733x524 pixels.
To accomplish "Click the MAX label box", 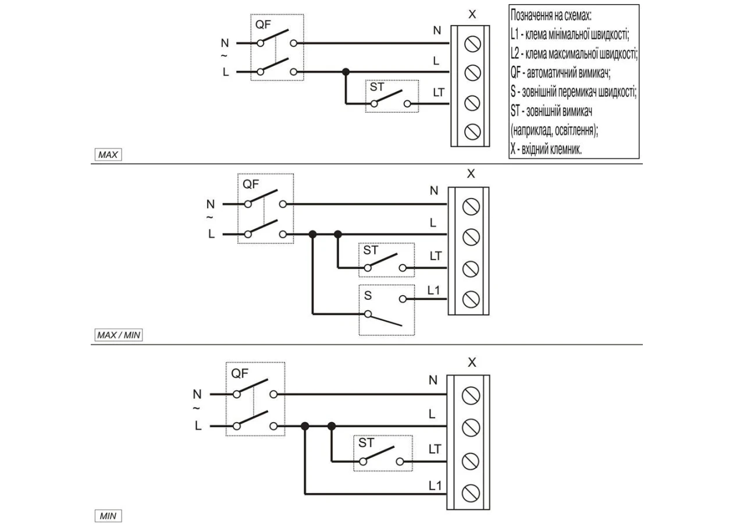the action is coord(108,155).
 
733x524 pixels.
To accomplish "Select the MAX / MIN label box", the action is coord(119,335).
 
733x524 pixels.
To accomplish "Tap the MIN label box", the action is coord(108,516).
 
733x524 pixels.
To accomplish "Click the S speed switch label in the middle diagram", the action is coord(368,295).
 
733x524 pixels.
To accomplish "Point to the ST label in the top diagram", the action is coord(376,87).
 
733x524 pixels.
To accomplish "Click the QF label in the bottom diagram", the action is coord(240,373).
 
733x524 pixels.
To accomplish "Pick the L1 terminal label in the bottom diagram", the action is coord(435,486).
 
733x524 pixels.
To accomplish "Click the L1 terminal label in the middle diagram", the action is coord(433,290).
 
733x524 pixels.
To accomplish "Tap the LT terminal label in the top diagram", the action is coord(439,93).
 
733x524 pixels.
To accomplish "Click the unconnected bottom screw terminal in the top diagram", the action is coord(472,132).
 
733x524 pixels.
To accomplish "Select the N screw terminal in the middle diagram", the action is coord(471,207).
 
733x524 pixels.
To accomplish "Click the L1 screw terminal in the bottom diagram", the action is coord(471,493).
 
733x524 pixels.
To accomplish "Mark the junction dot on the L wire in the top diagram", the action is coord(346,72).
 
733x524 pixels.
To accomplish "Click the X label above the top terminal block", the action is coord(472,15).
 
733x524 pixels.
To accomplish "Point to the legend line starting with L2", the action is coord(574,54).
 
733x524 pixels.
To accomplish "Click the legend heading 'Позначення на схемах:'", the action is coord(551,15).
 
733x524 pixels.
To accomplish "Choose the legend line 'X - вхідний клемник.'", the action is coord(546,149).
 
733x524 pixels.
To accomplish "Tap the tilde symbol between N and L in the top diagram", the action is coord(224,56).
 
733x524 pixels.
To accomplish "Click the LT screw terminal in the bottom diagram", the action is coord(471,461).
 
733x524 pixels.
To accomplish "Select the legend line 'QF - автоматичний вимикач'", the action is coord(561,73).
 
